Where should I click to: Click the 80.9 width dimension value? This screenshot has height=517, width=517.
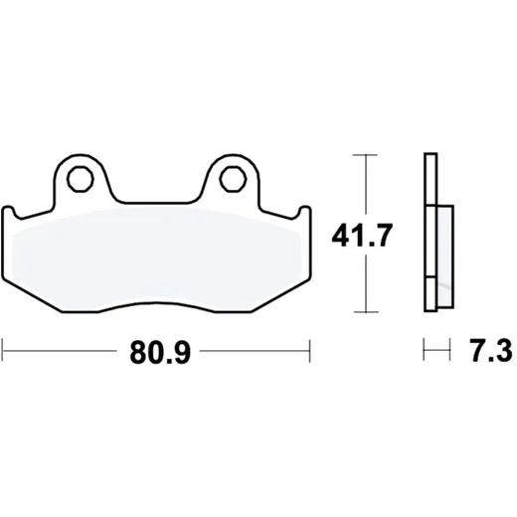pos(160,353)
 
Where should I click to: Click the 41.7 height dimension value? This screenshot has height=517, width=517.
pos(362,236)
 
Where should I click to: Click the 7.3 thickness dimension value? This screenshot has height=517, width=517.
pos(491,350)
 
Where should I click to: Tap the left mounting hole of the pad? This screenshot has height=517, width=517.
pos(80,179)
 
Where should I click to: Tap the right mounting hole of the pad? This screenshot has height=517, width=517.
pos(233,179)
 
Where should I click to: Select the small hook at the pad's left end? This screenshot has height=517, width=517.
pos(10,212)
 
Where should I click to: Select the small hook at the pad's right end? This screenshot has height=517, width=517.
pos(302,212)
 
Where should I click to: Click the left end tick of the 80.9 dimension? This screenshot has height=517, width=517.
pos(3,350)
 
